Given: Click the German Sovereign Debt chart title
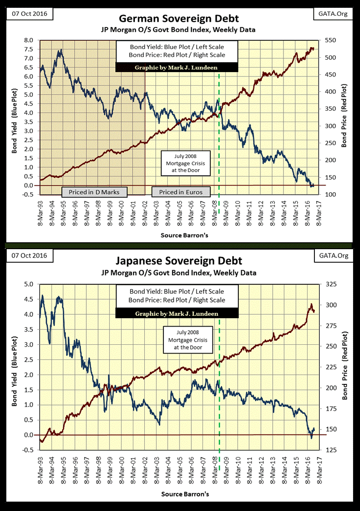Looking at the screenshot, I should (x=179, y=19).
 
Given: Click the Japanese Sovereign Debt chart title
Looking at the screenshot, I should (x=179, y=261).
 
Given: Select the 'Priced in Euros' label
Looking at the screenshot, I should (x=181, y=191).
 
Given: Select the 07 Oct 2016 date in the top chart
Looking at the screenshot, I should (x=24, y=14).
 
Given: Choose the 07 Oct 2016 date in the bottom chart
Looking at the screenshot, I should (x=24, y=256).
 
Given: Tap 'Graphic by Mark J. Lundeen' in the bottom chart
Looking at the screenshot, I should (x=177, y=313).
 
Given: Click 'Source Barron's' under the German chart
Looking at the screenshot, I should (x=184, y=235).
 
